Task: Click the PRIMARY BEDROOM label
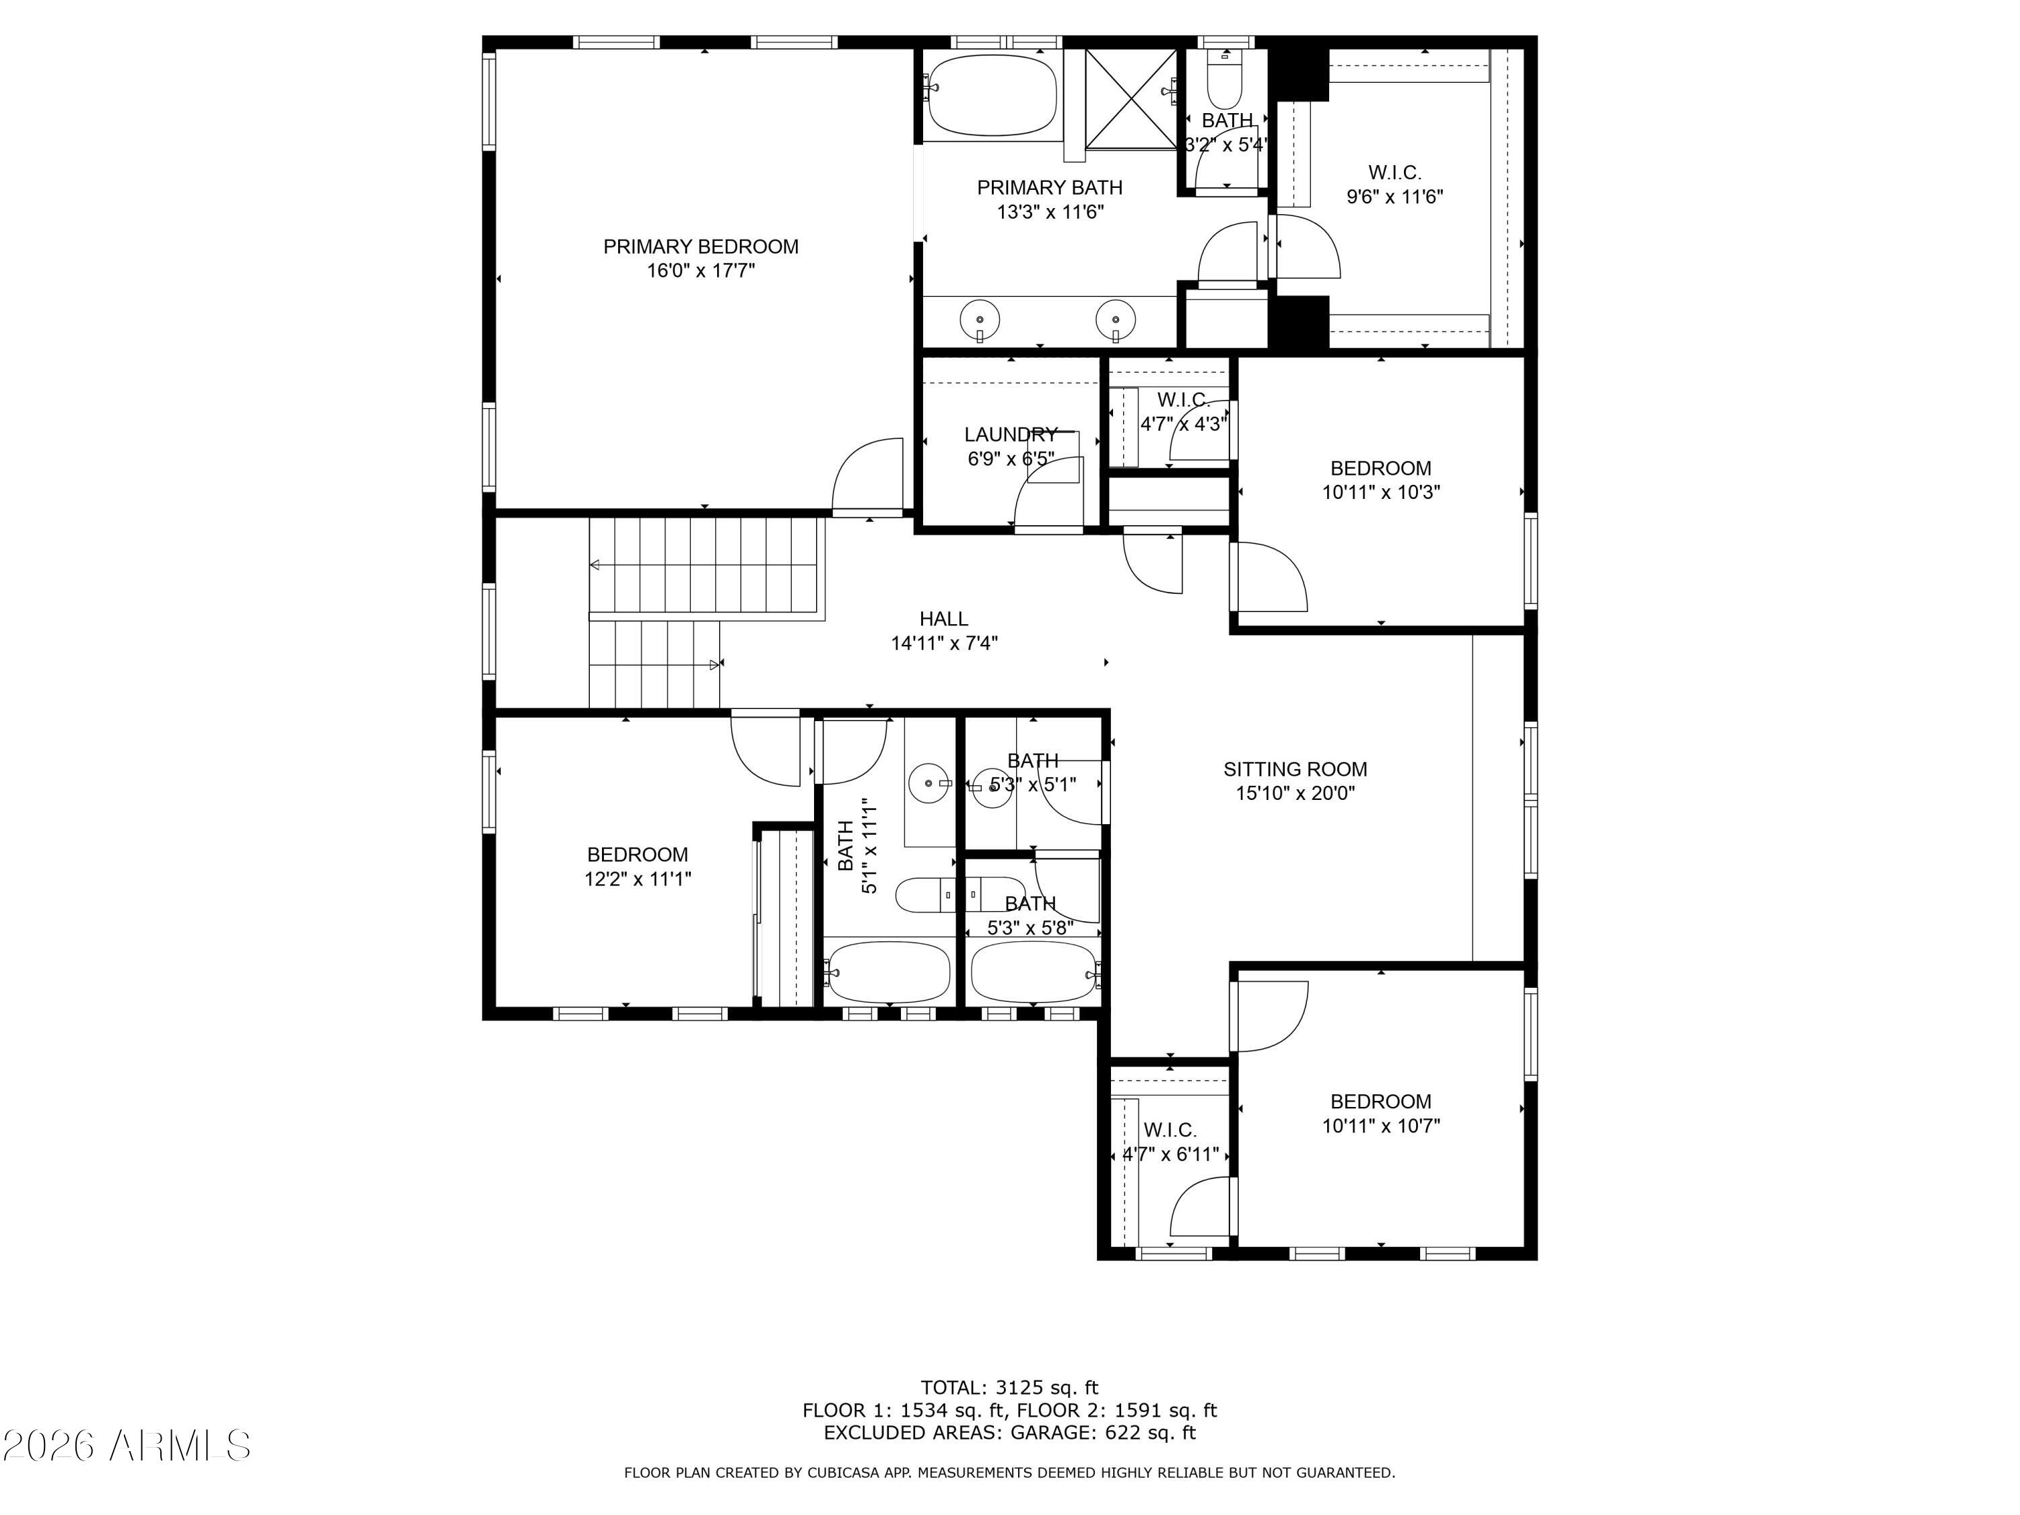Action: (x=700, y=246)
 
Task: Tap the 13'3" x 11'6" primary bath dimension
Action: (x=1050, y=212)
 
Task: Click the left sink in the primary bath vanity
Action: (x=979, y=321)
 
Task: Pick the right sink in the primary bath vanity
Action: (x=1115, y=321)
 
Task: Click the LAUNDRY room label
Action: (x=1011, y=435)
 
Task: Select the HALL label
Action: (x=943, y=619)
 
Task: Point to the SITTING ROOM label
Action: (x=1295, y=770)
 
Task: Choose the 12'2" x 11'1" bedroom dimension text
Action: (x=638, y=879)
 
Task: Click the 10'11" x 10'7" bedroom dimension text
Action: (x=1381, y=1126)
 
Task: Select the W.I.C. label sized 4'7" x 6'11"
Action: (x=1170, y=1131)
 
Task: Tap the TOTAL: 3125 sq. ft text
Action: (x=1009, y=1388)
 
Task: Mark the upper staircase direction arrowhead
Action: (x=595, y=566)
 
